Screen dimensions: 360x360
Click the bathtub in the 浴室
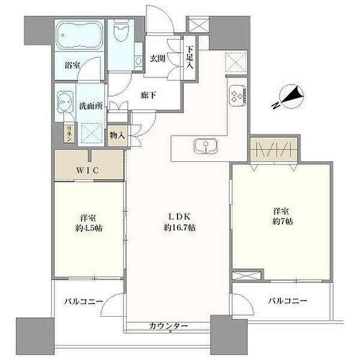(x=79, y=35)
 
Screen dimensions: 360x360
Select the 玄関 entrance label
(x=157, y=58)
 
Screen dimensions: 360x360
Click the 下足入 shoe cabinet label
(x=190, y=58)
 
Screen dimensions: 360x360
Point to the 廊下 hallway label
(x=149, y=95)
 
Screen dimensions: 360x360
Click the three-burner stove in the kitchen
(x=238, y=95)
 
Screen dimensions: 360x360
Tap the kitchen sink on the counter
(x=205, y=146)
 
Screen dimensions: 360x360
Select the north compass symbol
(x=290, y=97)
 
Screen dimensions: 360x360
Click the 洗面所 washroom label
(x=91, y=106)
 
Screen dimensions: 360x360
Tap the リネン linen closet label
(x=69, y=133)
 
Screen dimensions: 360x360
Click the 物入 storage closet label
(x=117, y=136)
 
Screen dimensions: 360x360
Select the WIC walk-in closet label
(x=88, y=170)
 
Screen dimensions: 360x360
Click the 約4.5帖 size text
(x=89, y=228)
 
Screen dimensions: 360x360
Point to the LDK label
(x=179, y=216)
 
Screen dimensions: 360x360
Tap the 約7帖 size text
(x=283, y=221)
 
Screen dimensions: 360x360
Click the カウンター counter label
(x=169, y=326)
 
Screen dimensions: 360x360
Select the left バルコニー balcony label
(x=83, y=301)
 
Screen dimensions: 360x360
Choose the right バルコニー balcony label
(x=287, y=301)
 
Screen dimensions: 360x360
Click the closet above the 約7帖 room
(x=274, y=149)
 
